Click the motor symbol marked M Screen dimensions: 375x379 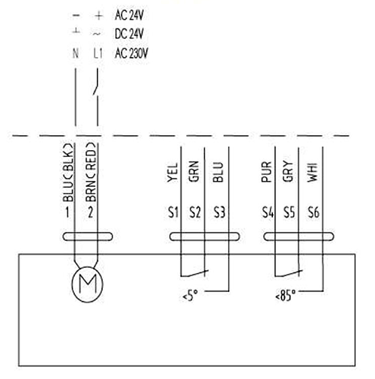pyautogui.click(x=87, y=284)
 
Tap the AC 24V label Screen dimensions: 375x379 pyautogui.click(x=129, y=15)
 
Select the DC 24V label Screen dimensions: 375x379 pyautogui.click(x=129, y=34)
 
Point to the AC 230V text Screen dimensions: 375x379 pyautogui.click(x=131, y=53)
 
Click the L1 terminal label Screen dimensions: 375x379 pyautogui.click(x=98, y=53)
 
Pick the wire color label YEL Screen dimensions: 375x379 pyautogui.click(x=172, y=173)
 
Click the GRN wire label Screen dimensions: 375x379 pyautogui.click(x=193, y=171)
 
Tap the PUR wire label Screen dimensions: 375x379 pyautogui.click(x=266, y=172)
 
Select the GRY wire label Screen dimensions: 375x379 pyautogui.click(x=288, y=171)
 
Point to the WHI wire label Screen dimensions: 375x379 pyautogui.click(x=312, y=173)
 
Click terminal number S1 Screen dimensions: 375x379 pyautogui.click(x=173, y=212)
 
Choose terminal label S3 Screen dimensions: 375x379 pyautogui.click(x=220, y=212)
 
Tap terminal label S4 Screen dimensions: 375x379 pyautogui.click(x=268, y=212)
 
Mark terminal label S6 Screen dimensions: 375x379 pyautogui.click(x=313, y=212)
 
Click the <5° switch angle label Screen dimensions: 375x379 pyautogui.click(x=190, y=296)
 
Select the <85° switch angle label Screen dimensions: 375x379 pyautogui.click(x=285, y=296)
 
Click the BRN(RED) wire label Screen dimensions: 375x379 pyautogui.click(x=91, y=173)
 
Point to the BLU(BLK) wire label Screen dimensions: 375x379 pyautogui.click(x=68, y=173)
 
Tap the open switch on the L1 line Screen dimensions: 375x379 pyautogui.click(x=95, y=86)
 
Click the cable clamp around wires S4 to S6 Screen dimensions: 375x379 pyautogui.click(x=298, y=236)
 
